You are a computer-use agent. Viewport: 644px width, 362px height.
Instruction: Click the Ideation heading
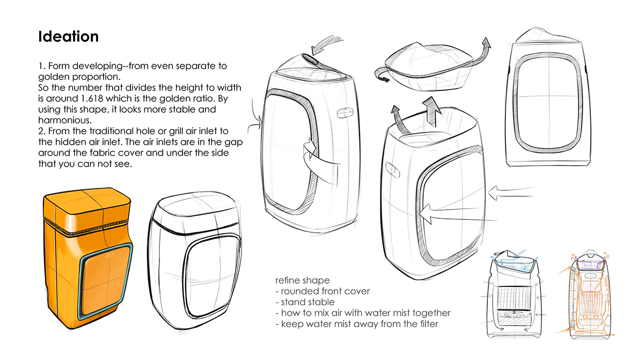pyautogui.click(x=68, y=36)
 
